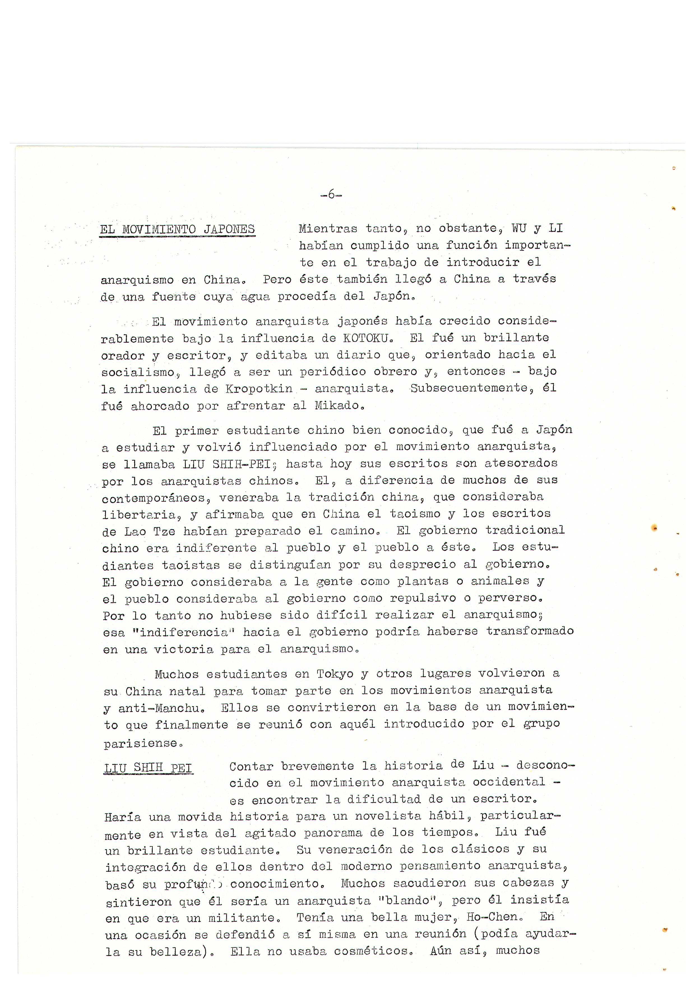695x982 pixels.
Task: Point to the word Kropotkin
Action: coord(259,389)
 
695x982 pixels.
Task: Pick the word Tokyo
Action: coord(335,674)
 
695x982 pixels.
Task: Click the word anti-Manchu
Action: coord(160,708)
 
